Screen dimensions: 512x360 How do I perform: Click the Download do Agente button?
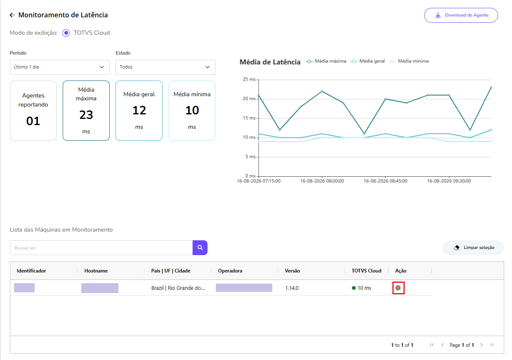[461, 15]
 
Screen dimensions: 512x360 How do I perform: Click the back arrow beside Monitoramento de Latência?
[12, 15]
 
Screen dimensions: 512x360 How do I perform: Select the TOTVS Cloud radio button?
[66, 33]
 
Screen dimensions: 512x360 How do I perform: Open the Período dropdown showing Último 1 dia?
[60, 67]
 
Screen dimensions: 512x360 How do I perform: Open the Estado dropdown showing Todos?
[165, 67]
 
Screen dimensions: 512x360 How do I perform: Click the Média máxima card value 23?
[86, 115]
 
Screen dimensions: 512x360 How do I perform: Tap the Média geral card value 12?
[139, 111]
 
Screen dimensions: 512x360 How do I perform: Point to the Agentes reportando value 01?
[33, 121]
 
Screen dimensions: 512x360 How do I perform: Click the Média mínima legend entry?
[409, 61]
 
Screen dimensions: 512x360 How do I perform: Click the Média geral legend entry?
[368, 61]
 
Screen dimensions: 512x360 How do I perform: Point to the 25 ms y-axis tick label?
[249, 79]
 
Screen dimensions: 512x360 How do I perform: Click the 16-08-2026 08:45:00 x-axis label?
[385, 181]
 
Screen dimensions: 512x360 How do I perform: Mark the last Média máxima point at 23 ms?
[491, 88]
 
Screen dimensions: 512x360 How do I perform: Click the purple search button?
[200, 247]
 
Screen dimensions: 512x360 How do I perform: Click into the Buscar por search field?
[101, 248]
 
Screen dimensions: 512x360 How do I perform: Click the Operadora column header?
[230, 271]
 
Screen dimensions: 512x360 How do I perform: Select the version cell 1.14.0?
[292, 288]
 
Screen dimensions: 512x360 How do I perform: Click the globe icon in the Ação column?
[398, 288]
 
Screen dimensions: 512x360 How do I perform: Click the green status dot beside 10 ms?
[354, 288]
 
